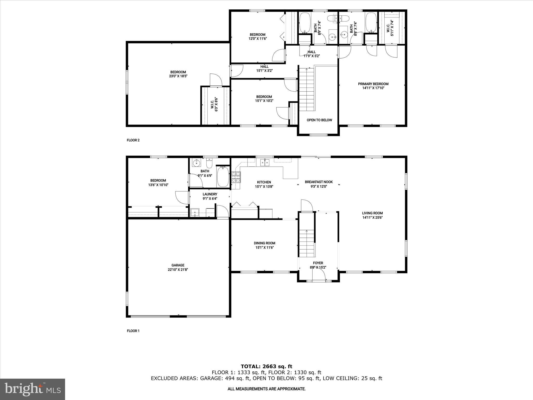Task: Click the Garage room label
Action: pos(178,265)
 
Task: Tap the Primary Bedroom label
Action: pos(373,84)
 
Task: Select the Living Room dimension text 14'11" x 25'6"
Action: pos(372,217)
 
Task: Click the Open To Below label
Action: pos(319,120)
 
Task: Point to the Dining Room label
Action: pos(264,243)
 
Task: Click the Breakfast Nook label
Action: pos(319,182)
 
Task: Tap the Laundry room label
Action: pos(210,194)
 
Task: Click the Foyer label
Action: pos(318,263)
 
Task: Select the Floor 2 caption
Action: pos(133,140)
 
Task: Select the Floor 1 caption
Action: pos(133,331)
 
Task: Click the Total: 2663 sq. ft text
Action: pos(266,367)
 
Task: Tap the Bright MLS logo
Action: pos(33,389)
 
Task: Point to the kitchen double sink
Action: pos(264,163)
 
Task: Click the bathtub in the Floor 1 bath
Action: pos(223,177)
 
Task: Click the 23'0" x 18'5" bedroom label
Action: pos(178,74)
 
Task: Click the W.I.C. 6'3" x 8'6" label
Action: pos(214,104)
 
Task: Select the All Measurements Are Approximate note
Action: pos(266,389)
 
